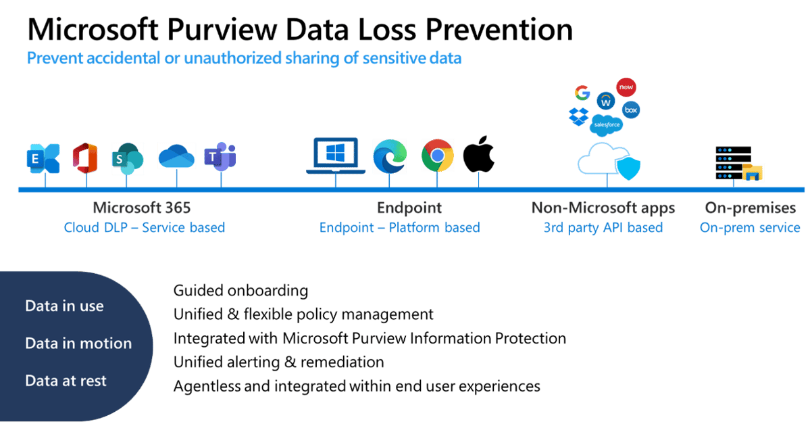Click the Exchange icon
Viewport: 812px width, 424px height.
pyautogui.click(x=43, y=158)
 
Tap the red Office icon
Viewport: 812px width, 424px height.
pyautogui.click(x=86, y=157)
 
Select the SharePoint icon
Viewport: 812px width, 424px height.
pyautogui.click(x=127, y=157)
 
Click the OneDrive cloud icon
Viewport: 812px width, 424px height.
pyautogui.click(x=176, y=156)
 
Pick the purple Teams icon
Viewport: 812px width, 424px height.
pyautogui.click(x=220, y=157)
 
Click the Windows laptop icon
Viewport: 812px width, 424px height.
pyautogui.click(x=336, y=156)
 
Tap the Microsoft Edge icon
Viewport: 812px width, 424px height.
pyautogui.click(x=390, y=156)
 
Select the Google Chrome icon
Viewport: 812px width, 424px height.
pyautogui.click(x=437, y=156)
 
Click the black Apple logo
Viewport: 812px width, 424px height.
pyautogui.click(x=479, y=155)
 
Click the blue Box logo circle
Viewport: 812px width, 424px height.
pyautogui.click(x=630, y=109)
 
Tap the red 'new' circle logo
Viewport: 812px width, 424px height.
pyautogui.click(x=626, y=88)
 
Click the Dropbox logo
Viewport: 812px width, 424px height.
pyautogui.click(x=578, y=116)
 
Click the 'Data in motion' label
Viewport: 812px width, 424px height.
pyautogui.click(x=78, y=344)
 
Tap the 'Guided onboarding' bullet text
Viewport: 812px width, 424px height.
pyautogui.click(x=240, y=291)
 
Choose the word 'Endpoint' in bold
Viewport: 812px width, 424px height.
pyautogui.click(x=409, y=208)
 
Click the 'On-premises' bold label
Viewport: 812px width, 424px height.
pyautogui.click(x=750, y=208)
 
